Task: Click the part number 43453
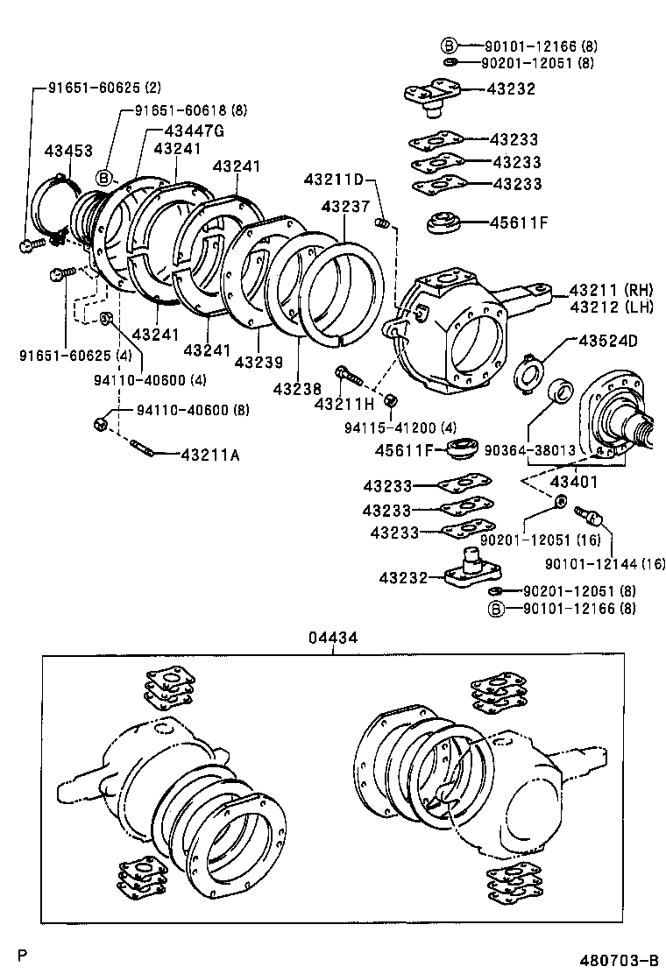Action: coord(68,152)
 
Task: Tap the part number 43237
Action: coord(344,206)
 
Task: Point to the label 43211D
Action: coord(334,180)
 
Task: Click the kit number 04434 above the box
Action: coord(332,639)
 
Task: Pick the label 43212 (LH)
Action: coord(606,306)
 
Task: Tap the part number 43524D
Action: coord(606,340)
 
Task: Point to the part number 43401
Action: coord(574,481)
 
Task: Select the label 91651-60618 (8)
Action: coord(190,110)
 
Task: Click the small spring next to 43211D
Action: coord(382,224)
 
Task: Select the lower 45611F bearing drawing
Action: coord(462,450)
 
